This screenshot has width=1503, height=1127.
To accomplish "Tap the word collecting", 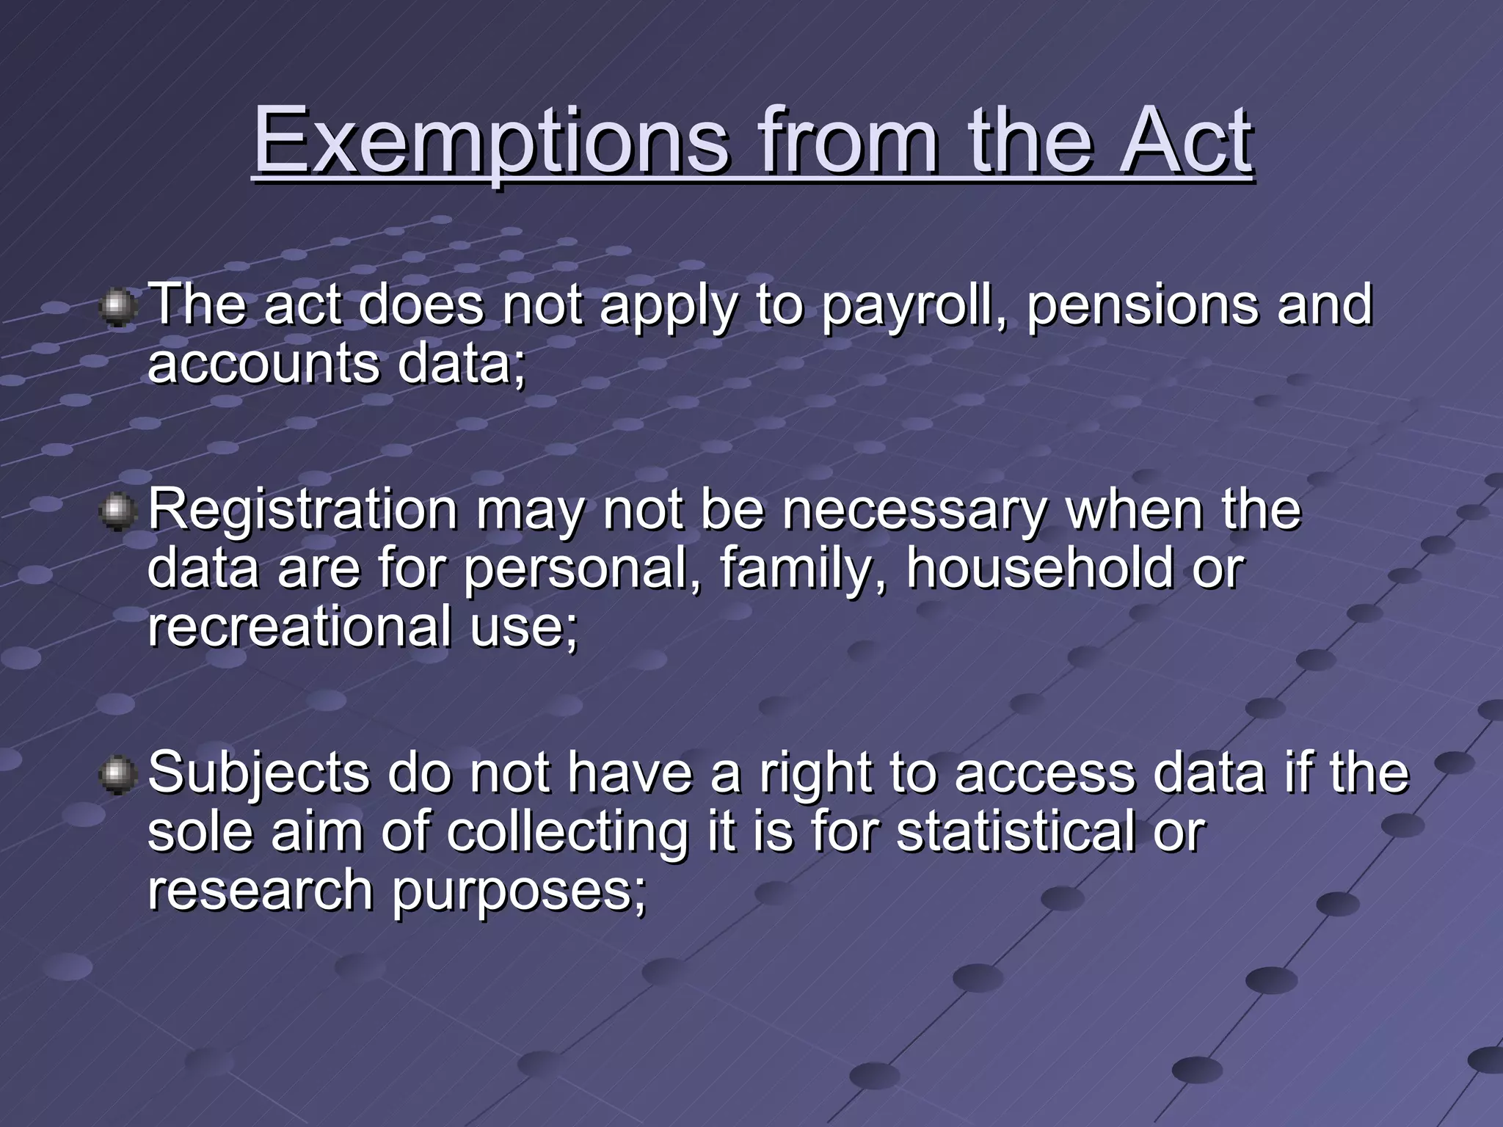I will click(x=567, y=833).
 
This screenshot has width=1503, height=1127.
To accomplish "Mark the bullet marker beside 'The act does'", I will click(x=117, y=308).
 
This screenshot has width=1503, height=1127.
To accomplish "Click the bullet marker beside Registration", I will click(x=117, y=512).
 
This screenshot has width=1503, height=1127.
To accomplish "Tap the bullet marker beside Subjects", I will click(x=117, y=776).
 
